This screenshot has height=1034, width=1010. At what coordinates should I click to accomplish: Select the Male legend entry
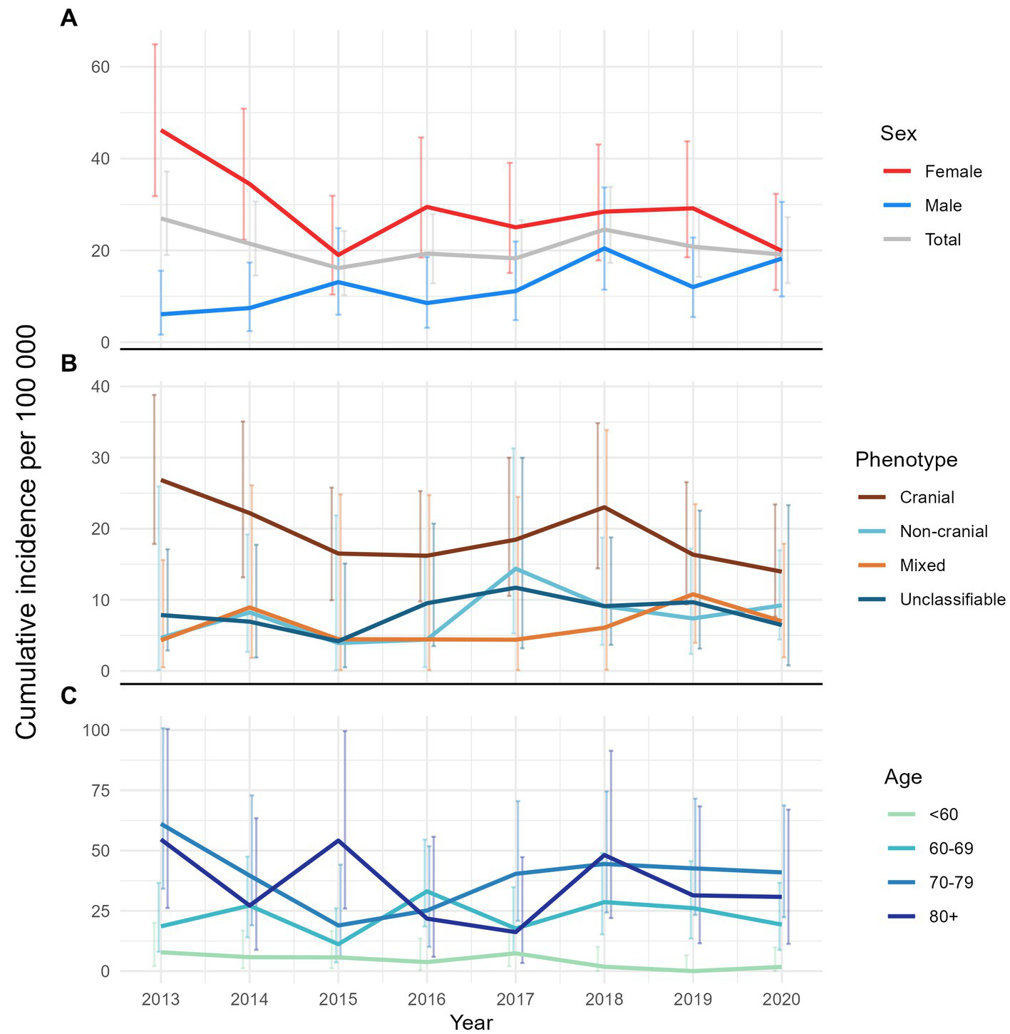pyautogui.click(x=943, y=206)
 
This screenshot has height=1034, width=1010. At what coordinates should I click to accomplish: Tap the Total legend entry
pyautogui.click(x=942, y=240)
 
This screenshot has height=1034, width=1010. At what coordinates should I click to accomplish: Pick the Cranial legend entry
pyautogui.click(x=927, y=498)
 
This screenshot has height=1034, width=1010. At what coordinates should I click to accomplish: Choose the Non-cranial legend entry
pyautogui.click(x=944, y=532)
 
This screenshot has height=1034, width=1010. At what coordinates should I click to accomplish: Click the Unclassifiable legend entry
pyautogui.click(x=952, y=600)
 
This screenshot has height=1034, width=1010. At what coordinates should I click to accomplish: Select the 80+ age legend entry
pyautogui.click(x=943, y=917)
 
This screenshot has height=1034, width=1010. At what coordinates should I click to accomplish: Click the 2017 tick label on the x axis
pyautogui.click(x=515, y=999)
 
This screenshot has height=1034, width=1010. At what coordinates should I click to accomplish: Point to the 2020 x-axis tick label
pyautogui.click(x=781, y=999)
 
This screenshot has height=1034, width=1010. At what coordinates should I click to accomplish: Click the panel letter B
pyautogui.click(x=69, y=364)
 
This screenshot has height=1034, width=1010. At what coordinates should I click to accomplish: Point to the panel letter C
pyautogui.click(x=69, y=697)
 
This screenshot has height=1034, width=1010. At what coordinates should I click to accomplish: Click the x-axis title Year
pyautogui.click(x=471, y=1023)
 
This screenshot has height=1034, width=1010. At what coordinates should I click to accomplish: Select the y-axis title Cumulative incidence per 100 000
pyautogui.click(x=26, y=531)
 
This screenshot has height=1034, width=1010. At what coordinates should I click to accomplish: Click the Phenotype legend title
pyautogui.click(x=906, y=460)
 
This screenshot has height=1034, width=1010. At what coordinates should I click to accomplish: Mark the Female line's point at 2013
pyautogui.click(x=161, y=130)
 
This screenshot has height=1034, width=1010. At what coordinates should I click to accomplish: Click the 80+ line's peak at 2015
pyautogui.click(x=339, y=840)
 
